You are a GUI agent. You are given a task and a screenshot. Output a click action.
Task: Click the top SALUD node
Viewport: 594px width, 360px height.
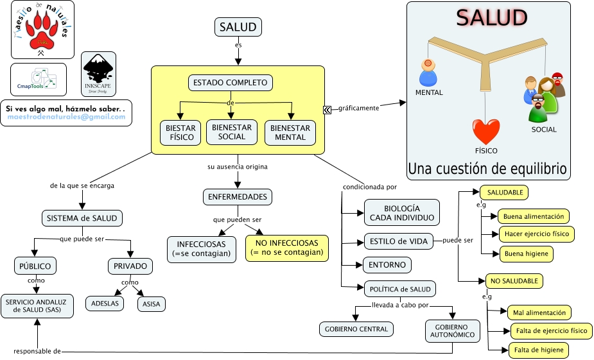click(x=238, y=27)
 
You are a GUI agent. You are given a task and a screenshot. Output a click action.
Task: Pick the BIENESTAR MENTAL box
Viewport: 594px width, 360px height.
click(x=290, y=132)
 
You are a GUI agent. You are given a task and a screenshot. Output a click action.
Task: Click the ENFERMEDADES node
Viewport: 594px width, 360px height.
click(x=237, y=196)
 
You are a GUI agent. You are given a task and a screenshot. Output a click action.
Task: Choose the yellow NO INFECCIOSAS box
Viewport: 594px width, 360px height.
click(x=286, y=248)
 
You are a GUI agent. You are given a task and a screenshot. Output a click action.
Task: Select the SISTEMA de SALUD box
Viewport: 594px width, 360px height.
click(x=82, y=218)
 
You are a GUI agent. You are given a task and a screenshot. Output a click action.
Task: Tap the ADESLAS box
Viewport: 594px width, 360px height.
click(x=105, y=304)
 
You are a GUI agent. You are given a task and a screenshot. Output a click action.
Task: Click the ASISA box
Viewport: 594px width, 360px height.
click(x=152, y=304)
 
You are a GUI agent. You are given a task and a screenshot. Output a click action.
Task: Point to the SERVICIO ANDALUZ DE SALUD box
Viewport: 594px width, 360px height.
click(x=37, y=306)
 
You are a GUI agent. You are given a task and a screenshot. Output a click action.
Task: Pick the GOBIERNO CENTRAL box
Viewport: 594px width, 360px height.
click(x=356, y=329)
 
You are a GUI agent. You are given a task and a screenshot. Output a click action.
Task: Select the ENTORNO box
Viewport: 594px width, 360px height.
click(x=387, y=264)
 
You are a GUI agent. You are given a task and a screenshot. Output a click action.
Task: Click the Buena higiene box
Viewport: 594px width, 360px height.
click(x=526, y=253)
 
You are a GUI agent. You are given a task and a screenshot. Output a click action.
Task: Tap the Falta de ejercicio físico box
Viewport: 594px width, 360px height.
click(x=551, y=331)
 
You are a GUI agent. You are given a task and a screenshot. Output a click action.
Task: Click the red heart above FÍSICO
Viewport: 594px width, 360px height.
click(x=486, y=132)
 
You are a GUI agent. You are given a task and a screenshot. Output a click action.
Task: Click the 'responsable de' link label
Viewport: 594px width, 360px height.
click(x=37, y=351)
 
